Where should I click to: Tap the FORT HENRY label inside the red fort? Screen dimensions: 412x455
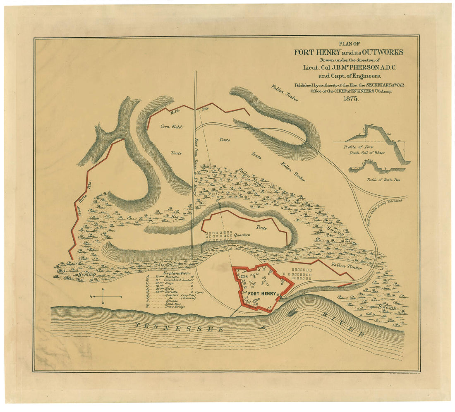tap(261, 293)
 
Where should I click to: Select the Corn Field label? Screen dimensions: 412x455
tap(172, 127)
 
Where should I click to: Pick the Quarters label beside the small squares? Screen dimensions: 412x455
tap(242, 235)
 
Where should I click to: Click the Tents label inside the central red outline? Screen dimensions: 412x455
tap(261, 228)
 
